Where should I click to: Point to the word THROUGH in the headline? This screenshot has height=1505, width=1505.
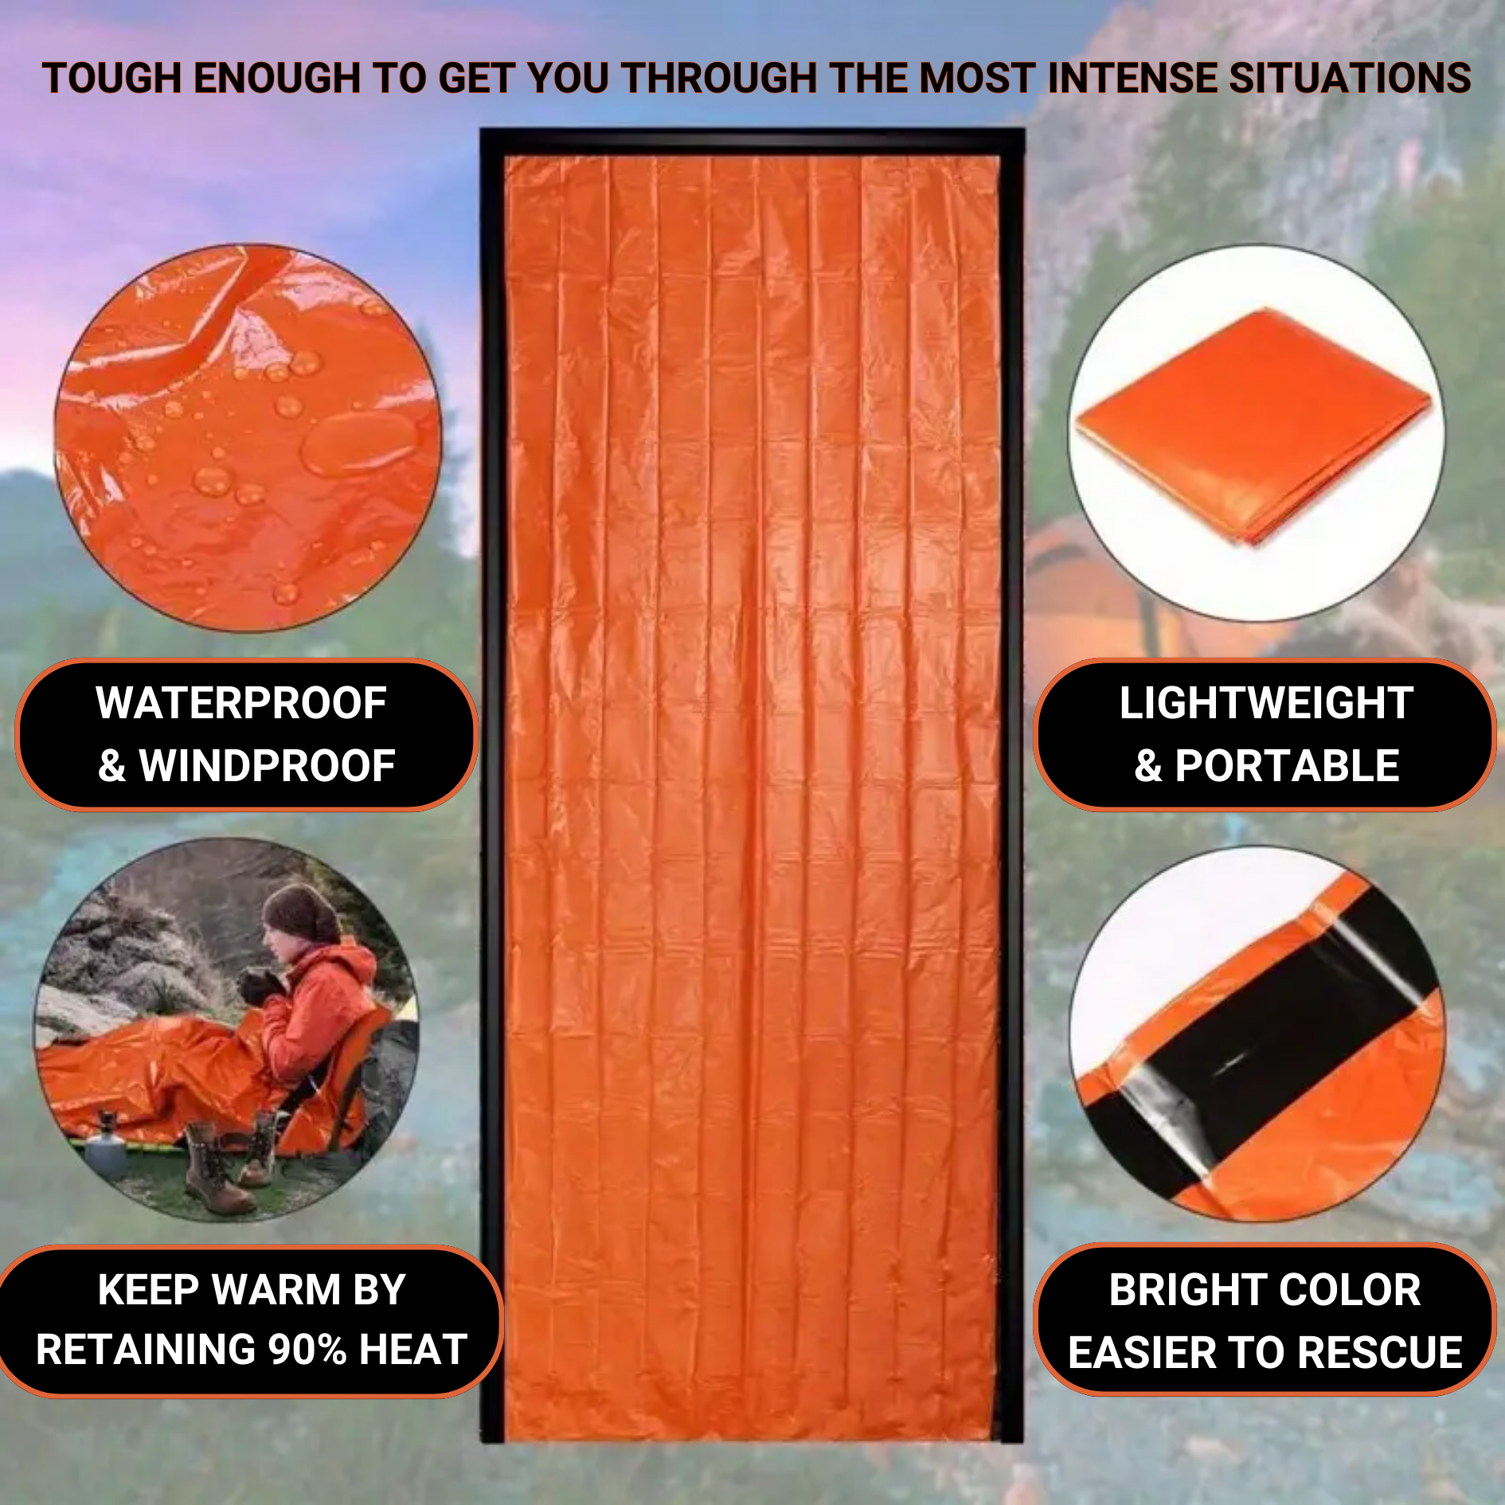(x=720, y=79)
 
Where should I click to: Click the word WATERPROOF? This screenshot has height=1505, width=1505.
(x=241, y=703)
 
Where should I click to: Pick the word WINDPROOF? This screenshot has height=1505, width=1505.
(x=268, y=766)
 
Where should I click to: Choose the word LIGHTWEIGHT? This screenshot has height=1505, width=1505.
(x=1266, y=703)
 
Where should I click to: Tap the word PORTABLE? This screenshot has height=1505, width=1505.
(x=1287, y=766)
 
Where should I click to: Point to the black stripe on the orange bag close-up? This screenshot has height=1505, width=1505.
(x=1258, y=1043)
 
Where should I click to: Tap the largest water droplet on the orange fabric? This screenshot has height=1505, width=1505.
(x=360, y=443)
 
